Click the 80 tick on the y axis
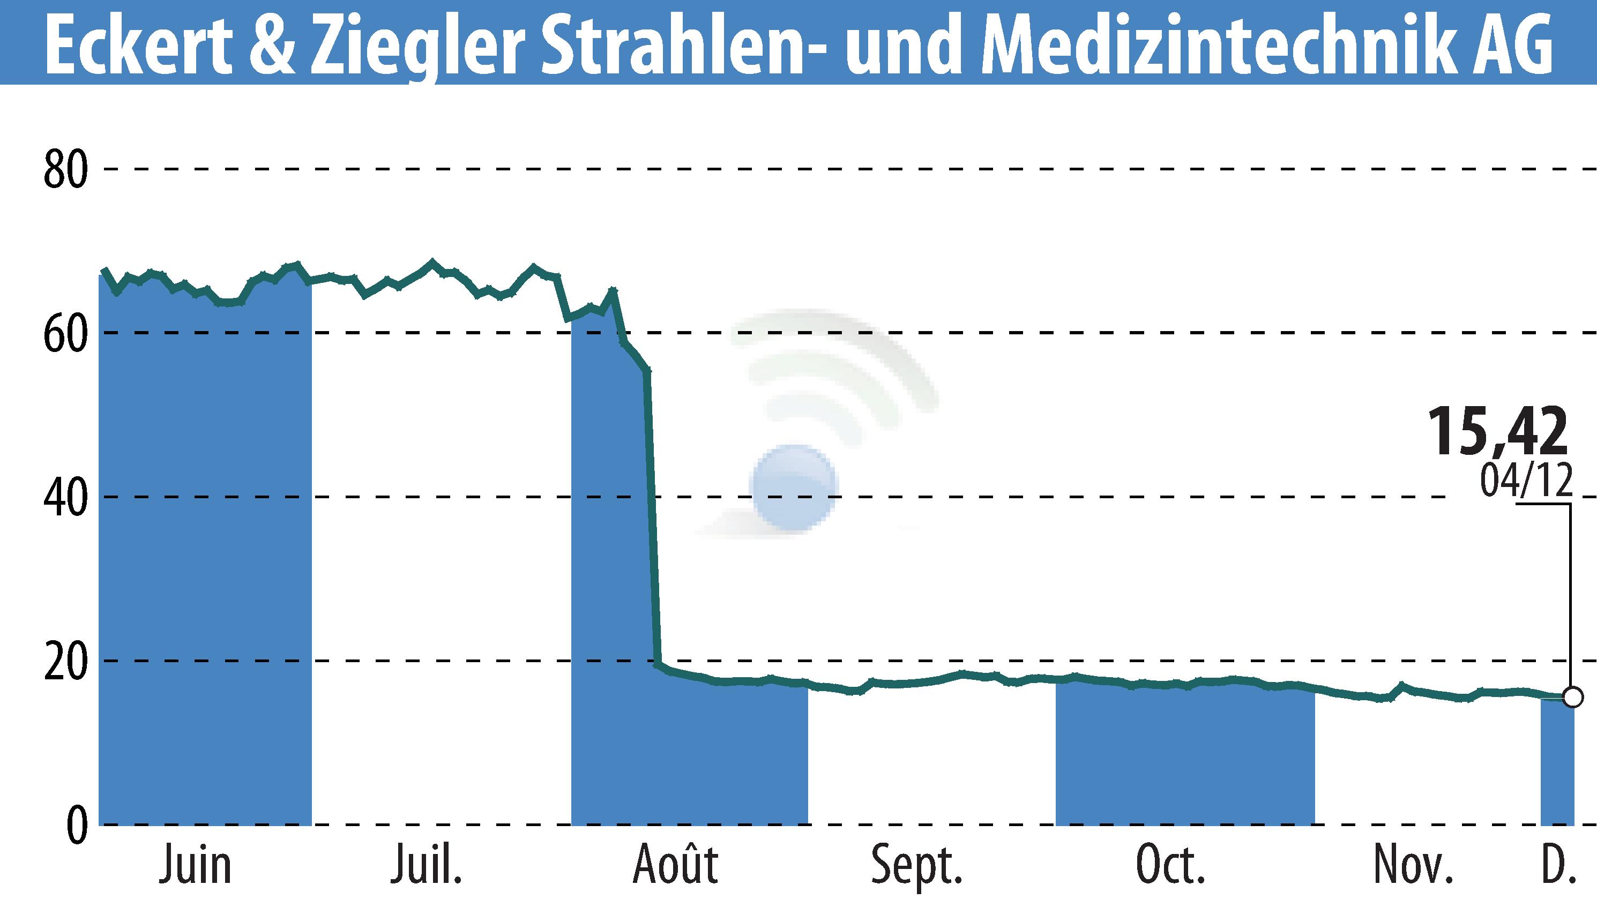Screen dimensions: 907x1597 [x=65, y=169]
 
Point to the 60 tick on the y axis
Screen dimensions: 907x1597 [x=65, y=333]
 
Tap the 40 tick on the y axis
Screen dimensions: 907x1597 [x=65, y=497]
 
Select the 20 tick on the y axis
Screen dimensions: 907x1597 [x=65, y=661]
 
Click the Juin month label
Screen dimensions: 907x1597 [x=195, y=866]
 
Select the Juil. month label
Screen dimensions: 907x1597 [x=427, y=866]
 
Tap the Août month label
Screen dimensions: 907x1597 [x=675, y=865]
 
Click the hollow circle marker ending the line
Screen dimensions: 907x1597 [x=1573, y=696]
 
